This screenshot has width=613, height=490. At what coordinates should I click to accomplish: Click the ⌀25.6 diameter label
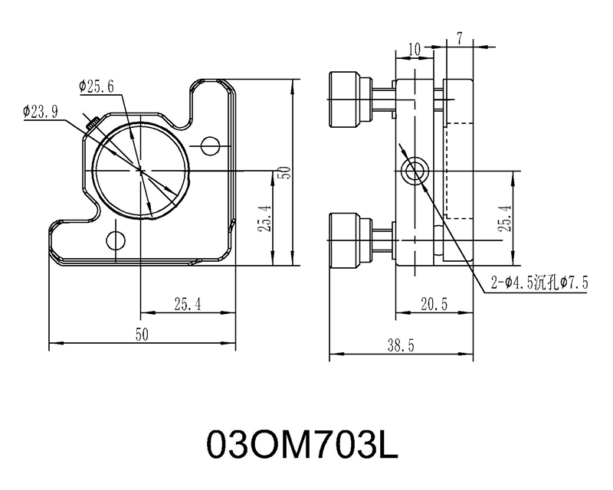click(97, 87)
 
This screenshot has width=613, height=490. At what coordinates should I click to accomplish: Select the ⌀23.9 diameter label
click(41, 112)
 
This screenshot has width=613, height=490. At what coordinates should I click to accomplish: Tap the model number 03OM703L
click(302, 445)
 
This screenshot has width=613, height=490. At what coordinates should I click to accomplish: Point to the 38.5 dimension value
click(401, 345)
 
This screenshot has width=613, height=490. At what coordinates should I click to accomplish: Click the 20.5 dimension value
click(434, 304)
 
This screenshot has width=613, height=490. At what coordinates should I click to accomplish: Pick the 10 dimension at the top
click(414, 50)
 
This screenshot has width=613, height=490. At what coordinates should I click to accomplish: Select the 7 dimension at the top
click(459, 39)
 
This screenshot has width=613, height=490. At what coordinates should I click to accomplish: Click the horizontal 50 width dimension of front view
click(142, 335)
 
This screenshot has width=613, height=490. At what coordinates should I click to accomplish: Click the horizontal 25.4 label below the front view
click(188, 304)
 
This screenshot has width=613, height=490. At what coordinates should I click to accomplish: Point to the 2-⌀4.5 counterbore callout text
click(539, 282)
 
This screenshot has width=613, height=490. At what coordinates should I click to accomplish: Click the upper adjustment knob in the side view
click(351, 100)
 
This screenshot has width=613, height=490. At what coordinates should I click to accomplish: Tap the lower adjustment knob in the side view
click(351, 240)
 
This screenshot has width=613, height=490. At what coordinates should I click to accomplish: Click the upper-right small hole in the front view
click(210, 146)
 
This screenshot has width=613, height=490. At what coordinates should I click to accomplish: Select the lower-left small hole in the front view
click(116, 240)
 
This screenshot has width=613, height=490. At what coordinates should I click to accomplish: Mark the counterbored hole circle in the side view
click(415, 171)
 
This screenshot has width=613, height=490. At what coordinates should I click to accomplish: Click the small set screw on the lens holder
click(92, 123)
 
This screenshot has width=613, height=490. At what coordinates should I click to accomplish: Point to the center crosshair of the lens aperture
click(141, 171)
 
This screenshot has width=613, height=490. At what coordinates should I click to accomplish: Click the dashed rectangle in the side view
click(460, 171)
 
